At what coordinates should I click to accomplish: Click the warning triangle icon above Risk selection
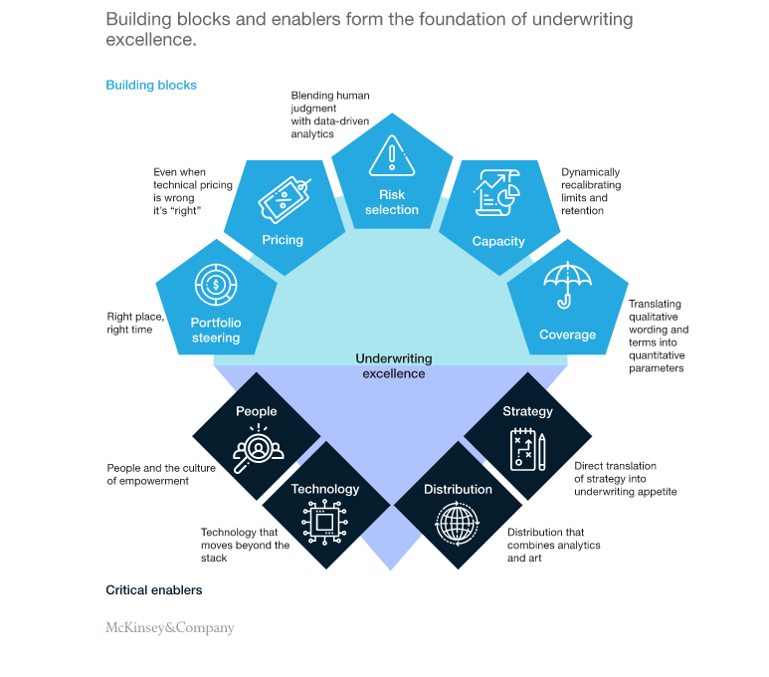pyautogui.click(x=391, y=158)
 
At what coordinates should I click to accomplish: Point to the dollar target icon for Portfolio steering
pyautogui.click(x=216, y=285)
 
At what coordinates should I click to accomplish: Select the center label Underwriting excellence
pyautogui.click(x=390, y=365)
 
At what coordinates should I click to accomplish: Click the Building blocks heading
pyautogui.click(x=151, y=86)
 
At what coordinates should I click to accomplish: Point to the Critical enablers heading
pyautogui.click(x=154, y=590)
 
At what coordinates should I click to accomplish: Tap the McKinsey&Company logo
pyautogui.click(x=170, y=628)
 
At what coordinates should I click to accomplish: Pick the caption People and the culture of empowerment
pyautogui.click(x=148, y=473)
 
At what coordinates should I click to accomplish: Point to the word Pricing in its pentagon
pyautogui.click(x=283, y=240)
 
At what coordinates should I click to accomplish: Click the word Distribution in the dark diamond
pyautogui.click(x=458, y=489)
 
